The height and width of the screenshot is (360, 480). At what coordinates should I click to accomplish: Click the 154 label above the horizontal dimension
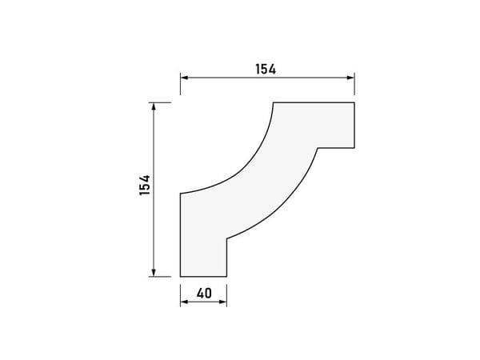(266, 69)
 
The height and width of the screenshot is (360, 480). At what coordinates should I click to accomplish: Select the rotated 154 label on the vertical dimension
(145, 185)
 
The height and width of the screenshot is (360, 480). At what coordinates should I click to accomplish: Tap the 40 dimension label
(204, 294)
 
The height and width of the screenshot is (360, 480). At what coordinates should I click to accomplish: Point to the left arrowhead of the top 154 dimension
(184, 78)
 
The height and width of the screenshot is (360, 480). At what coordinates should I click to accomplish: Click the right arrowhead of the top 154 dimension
(351, 78)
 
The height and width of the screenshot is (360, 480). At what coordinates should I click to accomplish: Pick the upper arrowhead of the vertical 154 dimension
(154, 106)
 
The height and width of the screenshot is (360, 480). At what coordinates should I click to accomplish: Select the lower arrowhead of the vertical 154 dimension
(154, 273)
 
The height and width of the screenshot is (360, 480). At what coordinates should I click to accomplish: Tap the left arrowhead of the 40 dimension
(184, 302)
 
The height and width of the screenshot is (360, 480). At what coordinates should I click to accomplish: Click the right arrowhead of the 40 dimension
(223, 302)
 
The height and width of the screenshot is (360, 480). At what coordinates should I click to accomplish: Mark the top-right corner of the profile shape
(354, 102)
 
